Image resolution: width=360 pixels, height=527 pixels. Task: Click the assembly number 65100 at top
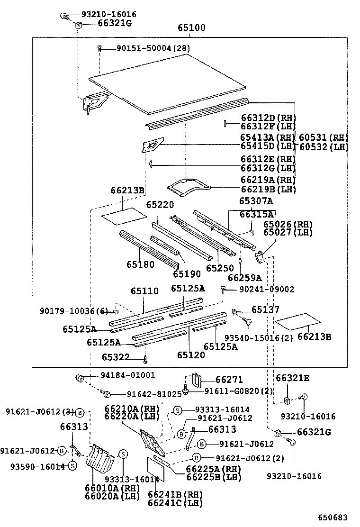pyautogui.click(x=191, y=28)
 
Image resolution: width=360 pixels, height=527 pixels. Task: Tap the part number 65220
pyautogui.click(x=160, y=205)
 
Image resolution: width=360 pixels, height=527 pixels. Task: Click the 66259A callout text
pyautogui.click(x=244, y=278)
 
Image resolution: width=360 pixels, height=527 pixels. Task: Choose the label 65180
pyautogui.click(x=140, y=264)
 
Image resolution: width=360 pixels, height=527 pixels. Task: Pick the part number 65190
pyautogui.click(x=187, y=274)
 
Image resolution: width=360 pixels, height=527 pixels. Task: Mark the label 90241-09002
pyautogui.click(x=266, y=289)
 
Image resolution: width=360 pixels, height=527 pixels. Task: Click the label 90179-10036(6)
pyautogui.click(x=73, y=310)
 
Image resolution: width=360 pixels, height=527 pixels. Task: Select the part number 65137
pyautogui.click(x=265, y=309)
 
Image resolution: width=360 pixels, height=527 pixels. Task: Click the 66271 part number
pyautogui.click(x=229, y=380)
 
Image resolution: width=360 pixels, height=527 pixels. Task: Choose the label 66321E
pyautogui.click(x=293, y=378)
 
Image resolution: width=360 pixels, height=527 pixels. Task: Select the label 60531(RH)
pyautogui.click(x=323, y=137)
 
